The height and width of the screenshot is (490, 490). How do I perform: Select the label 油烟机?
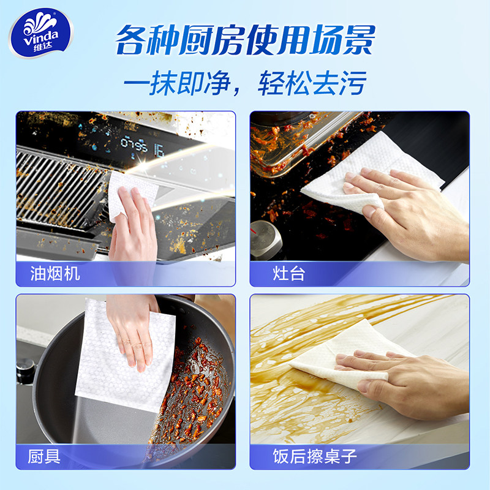(x=55, y=274)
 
